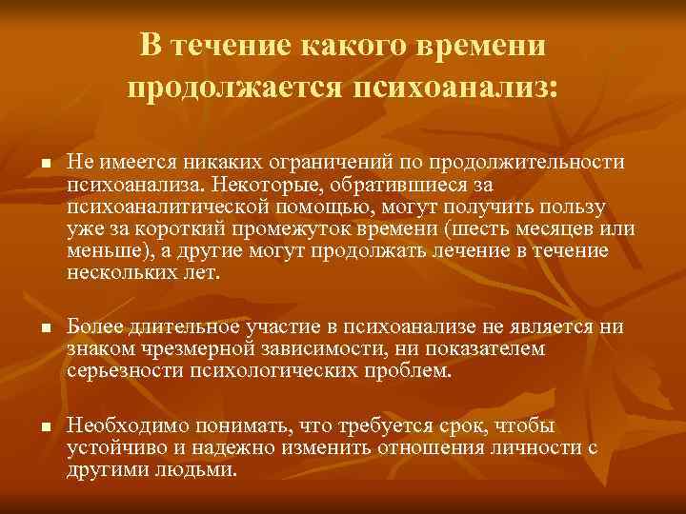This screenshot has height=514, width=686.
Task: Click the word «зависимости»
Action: [329, 348]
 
